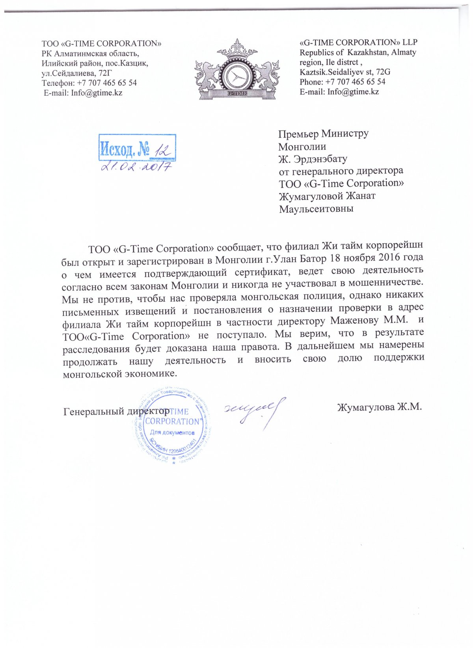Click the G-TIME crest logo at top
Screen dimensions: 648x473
click(x=236, y=70)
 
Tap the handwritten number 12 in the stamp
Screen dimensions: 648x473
click(x=161, y=149)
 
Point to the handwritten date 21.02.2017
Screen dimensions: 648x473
click(x=136, y=166)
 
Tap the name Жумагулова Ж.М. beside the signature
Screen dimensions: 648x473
click(x=379, y=407)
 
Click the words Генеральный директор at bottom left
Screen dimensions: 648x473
click(x=116, y=411)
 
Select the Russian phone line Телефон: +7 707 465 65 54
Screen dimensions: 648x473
click(x=89, y=83)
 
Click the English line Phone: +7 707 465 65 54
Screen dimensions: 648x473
click(x=342, y=82)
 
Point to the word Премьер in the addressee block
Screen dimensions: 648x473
click(x=298, y=134)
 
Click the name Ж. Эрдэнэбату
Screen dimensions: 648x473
click(x=313, y=159)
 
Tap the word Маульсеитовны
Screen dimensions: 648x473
click(x=316, y=209)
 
